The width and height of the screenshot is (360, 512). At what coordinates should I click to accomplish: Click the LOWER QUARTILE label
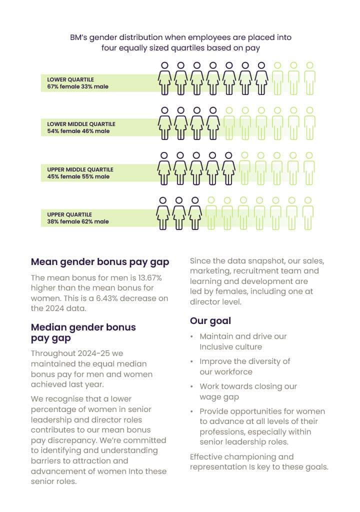(70, 79)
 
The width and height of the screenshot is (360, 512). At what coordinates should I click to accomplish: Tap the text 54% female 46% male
(78, 131)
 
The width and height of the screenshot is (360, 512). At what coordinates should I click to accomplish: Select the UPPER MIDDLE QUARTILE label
(80, 169)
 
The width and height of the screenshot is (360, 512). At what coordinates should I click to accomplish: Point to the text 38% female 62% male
(78, 221)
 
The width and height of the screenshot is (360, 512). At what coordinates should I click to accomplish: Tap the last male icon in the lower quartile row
(309, 79)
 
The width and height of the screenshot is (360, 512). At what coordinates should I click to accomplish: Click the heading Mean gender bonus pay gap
(100, 261)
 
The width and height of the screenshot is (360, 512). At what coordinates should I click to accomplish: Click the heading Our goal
(210, 320)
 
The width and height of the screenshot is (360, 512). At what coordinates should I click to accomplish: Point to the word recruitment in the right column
(251, 271)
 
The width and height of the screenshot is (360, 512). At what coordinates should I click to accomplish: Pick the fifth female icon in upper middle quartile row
(228, 168)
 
